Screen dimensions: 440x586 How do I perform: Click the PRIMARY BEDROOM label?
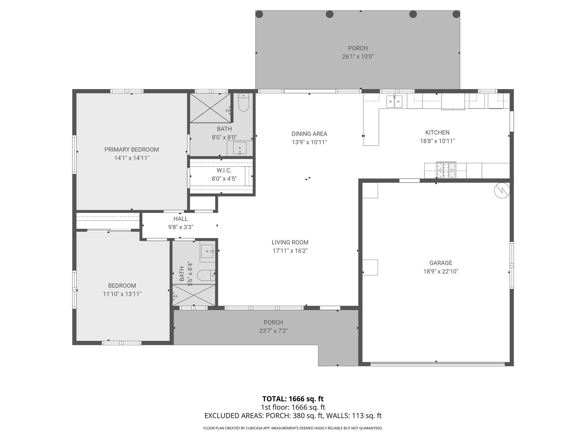click(131, 150)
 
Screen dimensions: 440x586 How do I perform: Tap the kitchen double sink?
click(394, 101)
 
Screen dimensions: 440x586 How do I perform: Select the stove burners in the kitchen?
click(446, 170)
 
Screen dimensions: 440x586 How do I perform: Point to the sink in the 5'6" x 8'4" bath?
click(207, 252)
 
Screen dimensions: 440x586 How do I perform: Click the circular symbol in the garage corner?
click(502, 190)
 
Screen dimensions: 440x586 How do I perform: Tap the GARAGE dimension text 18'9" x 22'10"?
click(441, 271)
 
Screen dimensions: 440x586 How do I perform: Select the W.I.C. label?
click(224, 170)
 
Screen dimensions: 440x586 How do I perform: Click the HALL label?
click(181, 219)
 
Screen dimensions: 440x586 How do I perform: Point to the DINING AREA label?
click(309, 134)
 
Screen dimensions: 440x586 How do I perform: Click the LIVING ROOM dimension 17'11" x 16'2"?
click(290, 251)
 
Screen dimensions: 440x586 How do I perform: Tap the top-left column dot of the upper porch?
click(259, 14)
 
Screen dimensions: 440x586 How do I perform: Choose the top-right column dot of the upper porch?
click(456, 14)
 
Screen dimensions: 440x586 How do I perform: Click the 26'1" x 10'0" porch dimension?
click(358, 56)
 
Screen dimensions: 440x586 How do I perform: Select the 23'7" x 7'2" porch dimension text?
click(273, 331)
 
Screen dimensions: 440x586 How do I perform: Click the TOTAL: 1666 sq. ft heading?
click(293, 399)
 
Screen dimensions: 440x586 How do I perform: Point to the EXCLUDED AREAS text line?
click(293, 416)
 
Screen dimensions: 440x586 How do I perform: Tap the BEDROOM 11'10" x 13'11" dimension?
click(122, 294)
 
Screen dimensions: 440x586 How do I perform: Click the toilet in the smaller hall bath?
click(204, 275)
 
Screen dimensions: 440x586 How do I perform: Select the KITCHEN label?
click(437, 133)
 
